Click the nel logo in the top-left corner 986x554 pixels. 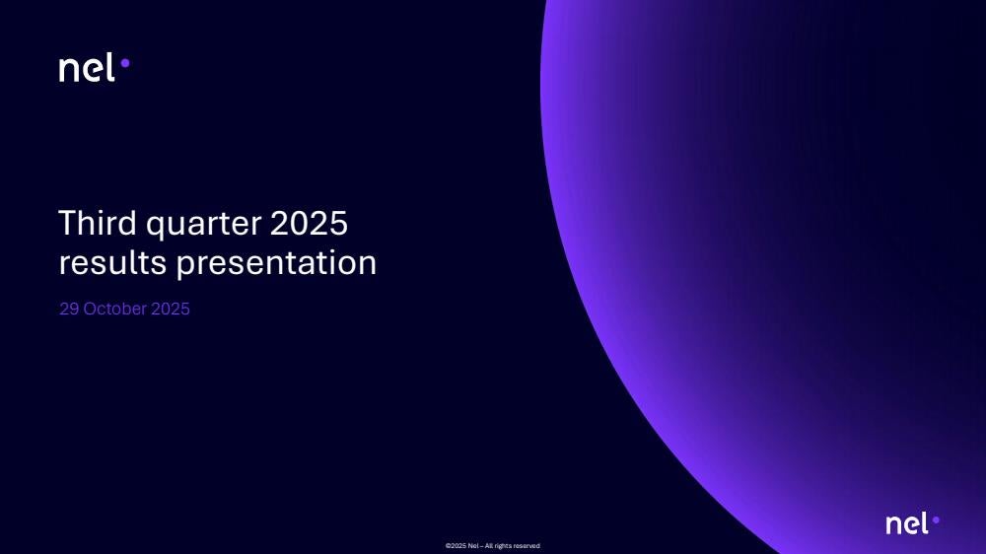click(95, 67)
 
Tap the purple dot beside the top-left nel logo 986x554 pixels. click(125, 63)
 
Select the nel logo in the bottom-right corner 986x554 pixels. click(912, 523)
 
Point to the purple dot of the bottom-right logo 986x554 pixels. click(936, 520)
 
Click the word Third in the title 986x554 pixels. click(98, 223)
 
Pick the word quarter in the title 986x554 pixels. click(204, 225)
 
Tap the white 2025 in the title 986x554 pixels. click(309, 223)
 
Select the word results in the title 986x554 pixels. click(112, 262)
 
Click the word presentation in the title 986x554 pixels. click(276, 264)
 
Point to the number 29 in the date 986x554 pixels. click(69, 309)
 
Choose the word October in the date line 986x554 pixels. click(115, 309)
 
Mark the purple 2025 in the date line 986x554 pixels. click(171, 309)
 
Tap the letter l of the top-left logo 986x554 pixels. click(110, 67)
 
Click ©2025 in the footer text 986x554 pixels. click(456, 546)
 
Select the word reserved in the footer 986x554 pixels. click(527, 546)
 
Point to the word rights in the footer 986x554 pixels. click(503, 546)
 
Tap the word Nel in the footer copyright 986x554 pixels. click(473, 546)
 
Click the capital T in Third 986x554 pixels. click(68, 223)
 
